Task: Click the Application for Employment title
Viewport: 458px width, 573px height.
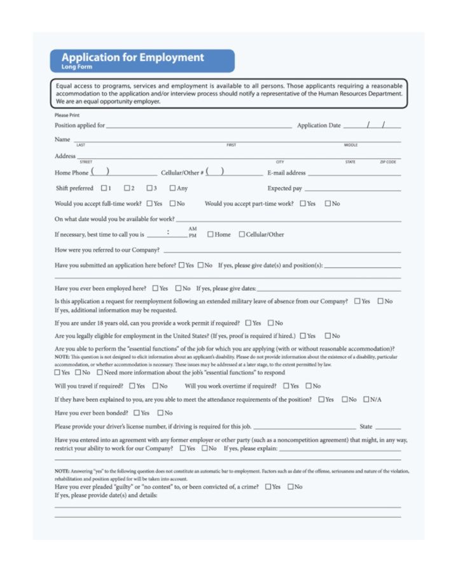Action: pyautogui.click(x=132, y=57)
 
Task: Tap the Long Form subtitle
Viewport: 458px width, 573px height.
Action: pyautogui.click(x=76, y=67)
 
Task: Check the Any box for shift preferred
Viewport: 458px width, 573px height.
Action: pyautogui.click(x=172, y=188)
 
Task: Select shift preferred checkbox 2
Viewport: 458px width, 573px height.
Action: pyautogui.click(x=127, y=188)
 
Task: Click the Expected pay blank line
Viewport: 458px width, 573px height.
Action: pyautogui.click(x=352, y=190)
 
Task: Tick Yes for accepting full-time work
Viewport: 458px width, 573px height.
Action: pyautogui.click(x=149, y=204)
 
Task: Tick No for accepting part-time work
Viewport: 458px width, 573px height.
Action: pyautogui.click(x=328, y=204)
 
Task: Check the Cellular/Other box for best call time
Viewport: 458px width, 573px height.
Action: pyautogui.click(x=242, y=234)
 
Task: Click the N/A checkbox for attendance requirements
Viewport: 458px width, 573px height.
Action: pyautogui.click(x=366, y=399)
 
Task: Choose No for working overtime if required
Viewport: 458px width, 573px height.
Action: pyautogui.click(x=309, y=386)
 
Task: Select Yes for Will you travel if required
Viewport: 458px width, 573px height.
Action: pyautogui.click(x=132, y=386)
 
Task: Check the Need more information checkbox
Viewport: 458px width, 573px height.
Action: pyautogui.click(x=100, y=372)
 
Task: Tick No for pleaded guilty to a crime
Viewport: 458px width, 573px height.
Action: pyautogui.click(x=291, y=487)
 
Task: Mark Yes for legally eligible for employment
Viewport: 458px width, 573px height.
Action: pyautogui.click(x=303, y=336)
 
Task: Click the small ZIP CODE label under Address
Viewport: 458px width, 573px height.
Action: pyautogui.click(x=388, y=162)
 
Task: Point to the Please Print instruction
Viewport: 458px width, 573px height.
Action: pyautogui.click(x=67, y=115)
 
